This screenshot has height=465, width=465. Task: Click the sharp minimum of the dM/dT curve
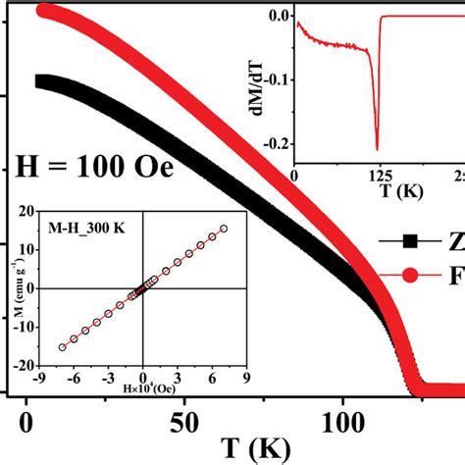377,149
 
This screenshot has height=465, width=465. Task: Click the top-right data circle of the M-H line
224,229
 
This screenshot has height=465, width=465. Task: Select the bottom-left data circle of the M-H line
63,346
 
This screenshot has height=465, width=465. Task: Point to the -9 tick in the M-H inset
40,375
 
